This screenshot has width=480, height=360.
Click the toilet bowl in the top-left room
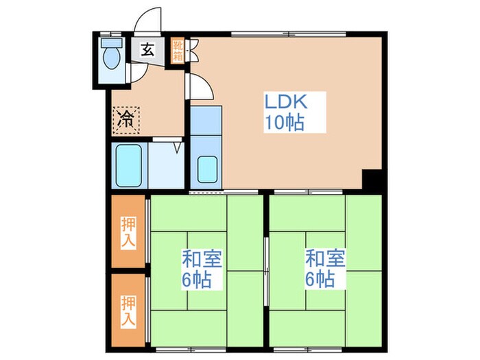pyautogui.click(x=110, y=59)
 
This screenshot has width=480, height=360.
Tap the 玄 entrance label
pyautogui.click(x=147, y=49)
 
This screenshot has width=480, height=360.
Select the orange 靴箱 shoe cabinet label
pyautogui.click(x=177, y=51)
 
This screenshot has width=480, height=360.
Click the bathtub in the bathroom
pyautogui.click(x=128, y=165)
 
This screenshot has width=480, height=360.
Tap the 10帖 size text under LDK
pyautogui.click(x=285, y=123)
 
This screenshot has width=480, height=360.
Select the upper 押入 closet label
pyautogui.click(x=128, y=232)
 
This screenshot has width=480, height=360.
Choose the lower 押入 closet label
pyautogui.click(x=128, y=311)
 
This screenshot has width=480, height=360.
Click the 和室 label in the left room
pyautogui.click(x=197, y=259)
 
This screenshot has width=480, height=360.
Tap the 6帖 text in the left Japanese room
pyautogui.click(x=197, y=280)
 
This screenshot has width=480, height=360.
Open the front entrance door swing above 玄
pyautogui.click(x=149, y=20)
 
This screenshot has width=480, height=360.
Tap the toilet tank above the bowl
pyautogui.click(x=110, y=41)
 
